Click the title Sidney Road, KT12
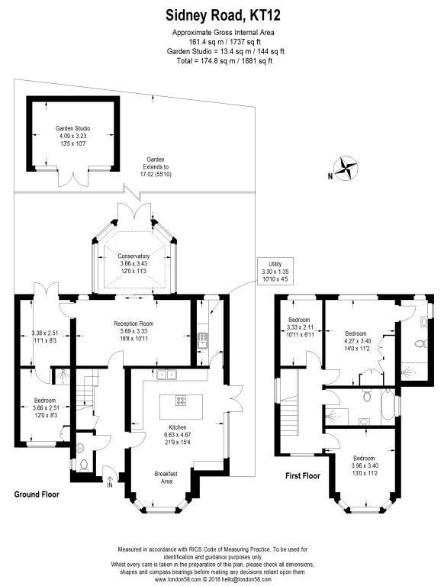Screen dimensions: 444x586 pos(223,16)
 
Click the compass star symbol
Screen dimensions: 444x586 pos(346,169)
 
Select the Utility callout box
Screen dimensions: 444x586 pos(275,272)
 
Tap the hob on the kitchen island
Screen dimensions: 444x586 pos(181,401)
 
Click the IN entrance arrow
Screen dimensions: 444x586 pos(110,481)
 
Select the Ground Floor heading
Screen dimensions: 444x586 pos(37,494)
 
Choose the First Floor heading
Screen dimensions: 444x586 pos(303,476)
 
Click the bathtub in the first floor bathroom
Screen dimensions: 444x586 pos(388,404)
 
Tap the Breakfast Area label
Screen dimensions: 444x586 pos(166,478)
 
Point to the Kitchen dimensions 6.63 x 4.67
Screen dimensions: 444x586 pos(178,435)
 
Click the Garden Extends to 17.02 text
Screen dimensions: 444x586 pos(156,166)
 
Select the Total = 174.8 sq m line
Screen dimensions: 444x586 pos(224,61)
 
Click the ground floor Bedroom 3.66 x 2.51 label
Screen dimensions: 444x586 pos(45,407)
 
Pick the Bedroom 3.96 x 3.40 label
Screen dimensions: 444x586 pos(364,465)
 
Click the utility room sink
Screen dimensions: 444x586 pos(202,340)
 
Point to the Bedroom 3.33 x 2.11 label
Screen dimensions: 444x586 pos(299,327)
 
